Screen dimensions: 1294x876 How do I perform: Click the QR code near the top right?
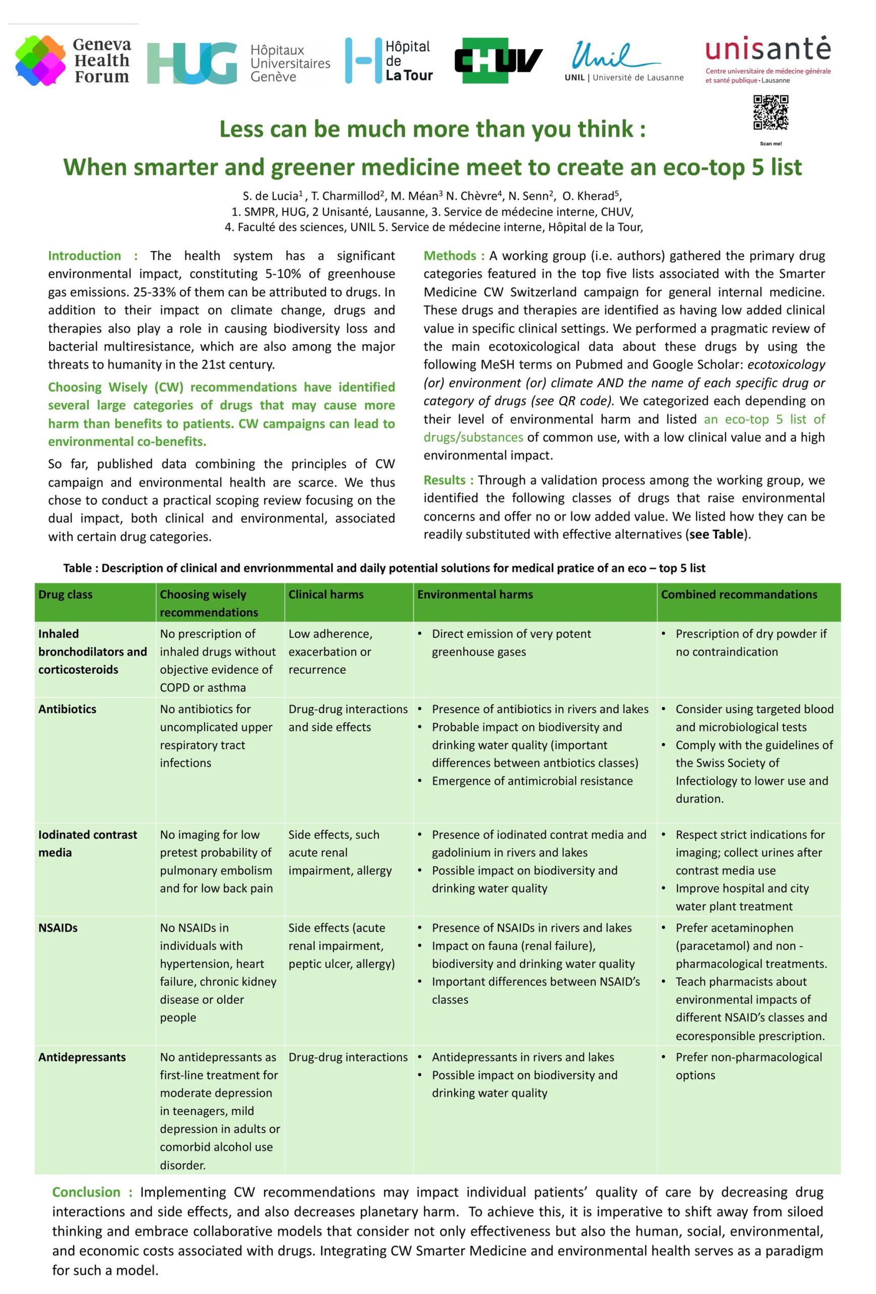click(770, 113)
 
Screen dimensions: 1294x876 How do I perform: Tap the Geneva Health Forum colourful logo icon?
click(40, 60)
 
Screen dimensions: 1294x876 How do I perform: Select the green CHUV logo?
click(498, 60)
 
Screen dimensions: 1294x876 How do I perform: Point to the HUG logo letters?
click(192, 63)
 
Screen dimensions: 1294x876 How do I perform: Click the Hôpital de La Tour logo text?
click(409, 61)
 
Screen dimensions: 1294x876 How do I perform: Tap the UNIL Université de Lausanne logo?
click(623, 62)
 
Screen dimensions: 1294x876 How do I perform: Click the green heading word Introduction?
click(84, 256)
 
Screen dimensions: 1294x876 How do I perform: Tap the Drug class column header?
click(66, 594)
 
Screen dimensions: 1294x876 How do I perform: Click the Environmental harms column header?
click(475, 594)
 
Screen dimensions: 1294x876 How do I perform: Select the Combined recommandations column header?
click(739, 594)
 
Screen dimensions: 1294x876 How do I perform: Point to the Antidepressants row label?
click(82, 1057)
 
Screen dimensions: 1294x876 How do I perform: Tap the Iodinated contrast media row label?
click(87, 843)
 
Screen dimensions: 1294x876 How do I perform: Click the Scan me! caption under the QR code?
click(770, 144)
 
